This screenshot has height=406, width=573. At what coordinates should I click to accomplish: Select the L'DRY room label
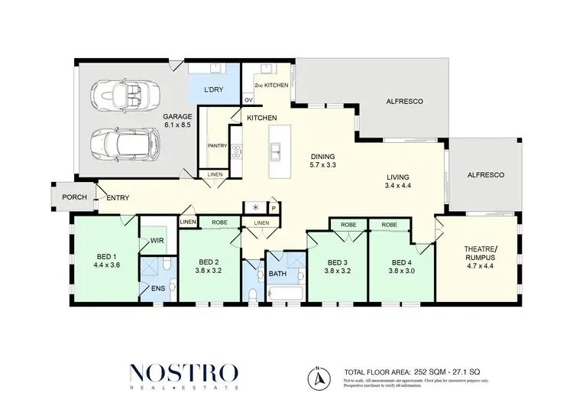[x=212, y=90]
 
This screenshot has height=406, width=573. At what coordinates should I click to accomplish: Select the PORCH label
[x=73, y=198]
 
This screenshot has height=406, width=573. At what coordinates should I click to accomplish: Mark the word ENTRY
[x=118, y=198]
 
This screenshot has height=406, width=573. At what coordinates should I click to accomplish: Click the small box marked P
[x=272, y=207]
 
